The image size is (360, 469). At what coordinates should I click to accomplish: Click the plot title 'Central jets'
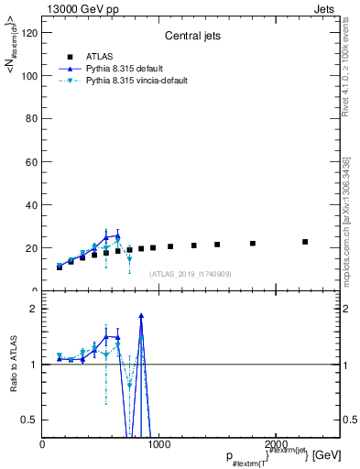[x=191, y=38]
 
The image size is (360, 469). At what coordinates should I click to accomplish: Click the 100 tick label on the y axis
[x=29, y=75]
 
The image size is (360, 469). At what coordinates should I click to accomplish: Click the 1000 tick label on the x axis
[x=157, y=444]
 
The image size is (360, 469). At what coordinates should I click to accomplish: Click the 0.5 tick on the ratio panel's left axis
[x=30, y=420]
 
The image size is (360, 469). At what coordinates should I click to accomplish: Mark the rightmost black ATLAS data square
[x=305, y=242]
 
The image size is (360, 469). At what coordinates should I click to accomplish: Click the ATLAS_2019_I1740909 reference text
[x=191, y=273]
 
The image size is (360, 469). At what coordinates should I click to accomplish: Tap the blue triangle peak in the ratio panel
[x=141, y=315]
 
